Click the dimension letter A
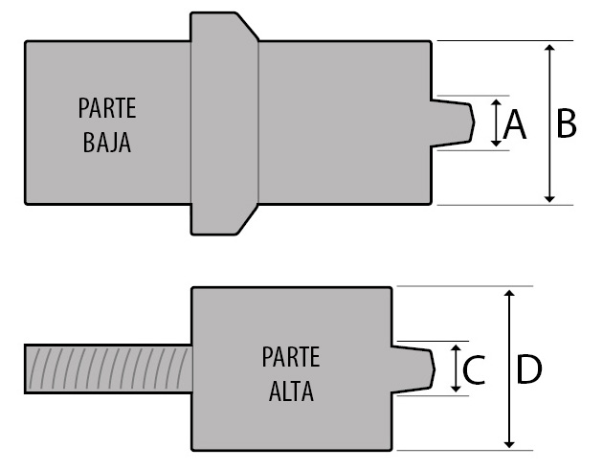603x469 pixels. click(x=514, y=124)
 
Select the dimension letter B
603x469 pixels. click(x=566, y=123)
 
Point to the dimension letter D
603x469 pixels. click(x=528, y=369)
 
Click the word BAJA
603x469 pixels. click(x=106, y=145)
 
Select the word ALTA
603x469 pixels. click(x=291, y=391)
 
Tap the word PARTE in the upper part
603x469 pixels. click(x=107, y=109)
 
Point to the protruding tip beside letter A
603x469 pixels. click(x=456, y=122)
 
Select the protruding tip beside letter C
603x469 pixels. click(x=414, y=368)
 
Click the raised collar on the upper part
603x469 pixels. click(x=224, y=123)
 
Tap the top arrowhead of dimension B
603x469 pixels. click(x=549, y=48)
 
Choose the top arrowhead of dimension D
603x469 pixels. click(x=510, y=294)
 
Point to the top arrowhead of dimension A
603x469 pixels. click(x=496, y=102)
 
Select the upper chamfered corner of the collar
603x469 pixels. click(x=247, y=27)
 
